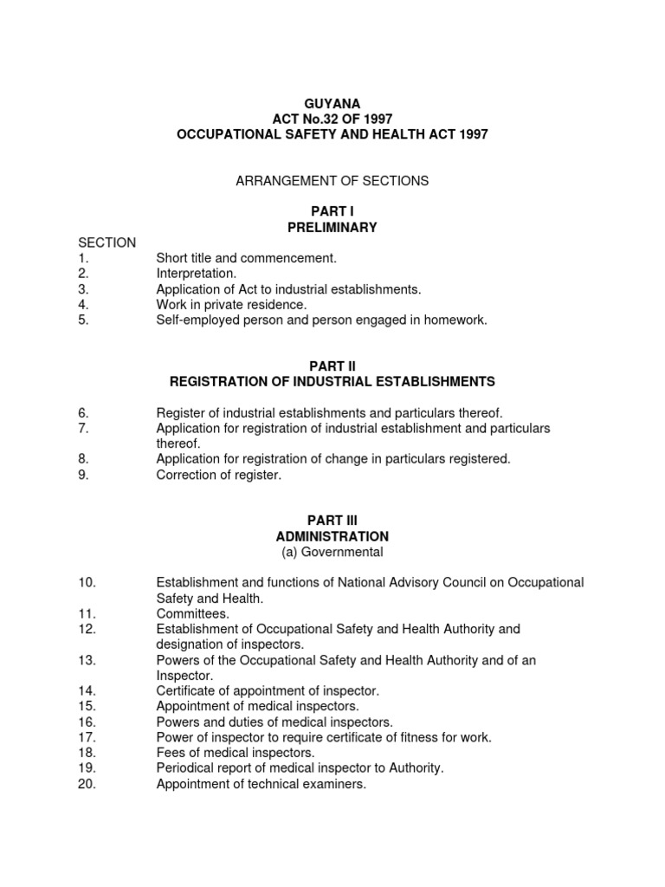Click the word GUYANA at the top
click(x=332, y=103)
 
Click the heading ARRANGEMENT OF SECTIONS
click(x=332, y=181)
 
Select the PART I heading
click(x=332, y=211)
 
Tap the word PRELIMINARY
click(x=332, y=227)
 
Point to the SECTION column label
click(x=107, y=243)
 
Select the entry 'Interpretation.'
click(x=196, y=274)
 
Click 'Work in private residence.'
click(x=231, y=305)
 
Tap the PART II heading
click(x=332, y=366)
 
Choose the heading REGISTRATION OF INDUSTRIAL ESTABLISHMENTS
click(x=332, y=382)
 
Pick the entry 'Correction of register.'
click(x=218, y=475)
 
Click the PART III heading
click(x=332, y=521)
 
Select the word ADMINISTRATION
click(x=332, y=537)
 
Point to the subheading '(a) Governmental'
click(x=332, y=552)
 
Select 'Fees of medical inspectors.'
click(x=235, y=753)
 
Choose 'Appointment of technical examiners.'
click(x=261, y=784)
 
